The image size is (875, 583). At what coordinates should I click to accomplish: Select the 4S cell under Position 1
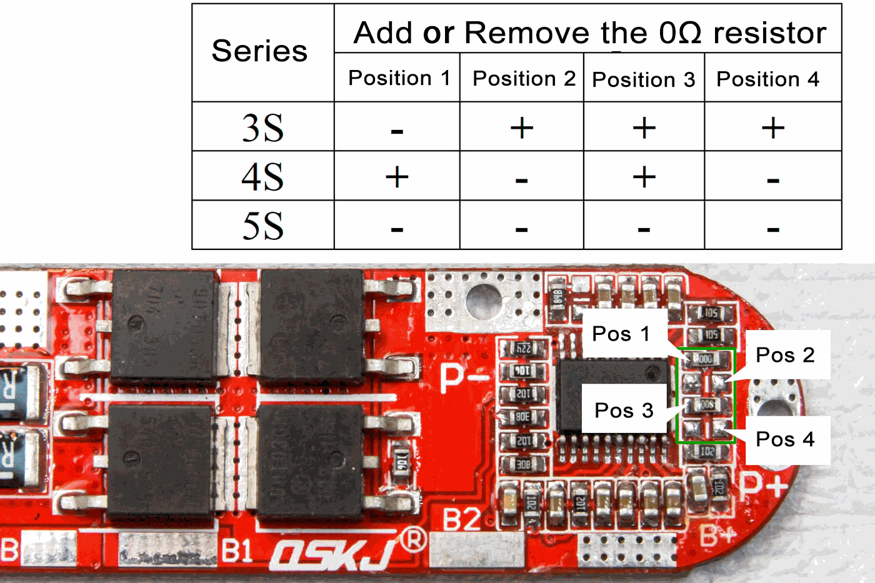(x=397, y=177)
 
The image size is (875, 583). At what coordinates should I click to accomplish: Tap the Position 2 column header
(x=524, y=79)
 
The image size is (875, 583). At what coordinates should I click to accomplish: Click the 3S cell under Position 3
(x=644, y=128)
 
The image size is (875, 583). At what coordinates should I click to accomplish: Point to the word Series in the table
(x=259, y=51)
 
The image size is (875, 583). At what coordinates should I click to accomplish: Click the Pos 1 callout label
(x=621, y=334)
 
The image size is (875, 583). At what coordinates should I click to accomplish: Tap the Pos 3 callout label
(x=624, y=411)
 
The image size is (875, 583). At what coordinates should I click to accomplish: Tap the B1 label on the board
(x=237, y=551)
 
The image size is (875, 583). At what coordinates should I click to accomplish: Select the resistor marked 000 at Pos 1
(x=704, y=359)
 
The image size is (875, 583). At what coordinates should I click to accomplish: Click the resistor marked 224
(x=523, y=349)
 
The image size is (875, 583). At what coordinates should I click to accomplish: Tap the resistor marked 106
(x=523, y=372)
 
